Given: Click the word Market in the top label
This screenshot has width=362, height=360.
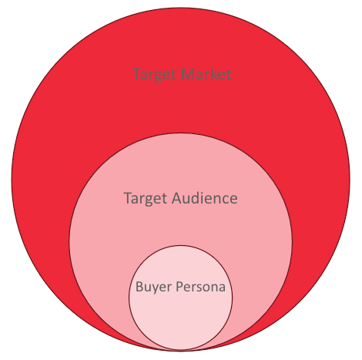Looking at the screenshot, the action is [206, 74].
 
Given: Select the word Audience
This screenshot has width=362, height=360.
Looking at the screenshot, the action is [205, 198].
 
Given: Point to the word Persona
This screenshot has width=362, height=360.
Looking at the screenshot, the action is [200, 287].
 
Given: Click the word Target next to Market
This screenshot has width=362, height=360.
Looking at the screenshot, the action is [156, 75].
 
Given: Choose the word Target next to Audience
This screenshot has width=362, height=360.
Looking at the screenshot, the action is [146, 199].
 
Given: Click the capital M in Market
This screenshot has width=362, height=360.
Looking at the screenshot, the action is [188, 74].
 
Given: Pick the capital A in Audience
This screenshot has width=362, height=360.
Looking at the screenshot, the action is [177, 198].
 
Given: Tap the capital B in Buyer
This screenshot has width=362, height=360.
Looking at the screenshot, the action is [139, 287].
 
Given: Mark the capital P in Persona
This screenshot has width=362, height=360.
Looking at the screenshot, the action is [179, 287].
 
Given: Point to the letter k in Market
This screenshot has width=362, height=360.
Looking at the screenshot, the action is [213, 73].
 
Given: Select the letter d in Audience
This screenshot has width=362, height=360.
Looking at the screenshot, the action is [198, 198].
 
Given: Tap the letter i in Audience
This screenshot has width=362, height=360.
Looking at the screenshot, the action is [206, 198].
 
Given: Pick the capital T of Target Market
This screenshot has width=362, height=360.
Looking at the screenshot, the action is [138, 74].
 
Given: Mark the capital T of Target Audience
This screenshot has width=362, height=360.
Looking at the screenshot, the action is [129, 198].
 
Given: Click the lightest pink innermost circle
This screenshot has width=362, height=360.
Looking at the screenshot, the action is [180, 316].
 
